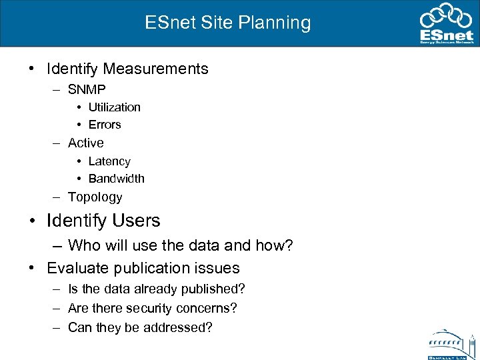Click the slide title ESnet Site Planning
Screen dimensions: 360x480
click(x=228, y=23)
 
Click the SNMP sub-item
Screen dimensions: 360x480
click(x=87, y=89)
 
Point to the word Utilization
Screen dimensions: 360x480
click(x=115, y=107)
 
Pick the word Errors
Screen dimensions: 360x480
click(x=105, y=125)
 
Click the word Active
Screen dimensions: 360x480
click(x=86, y=143)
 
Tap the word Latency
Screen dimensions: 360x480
click(x=109, y=161)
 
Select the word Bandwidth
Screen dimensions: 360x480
click(x=117, y=179)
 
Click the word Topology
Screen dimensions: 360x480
click(x=95, y=197)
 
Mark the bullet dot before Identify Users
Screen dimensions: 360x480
click(x=32, y=221)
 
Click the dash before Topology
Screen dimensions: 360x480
click(x=59, y=197)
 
